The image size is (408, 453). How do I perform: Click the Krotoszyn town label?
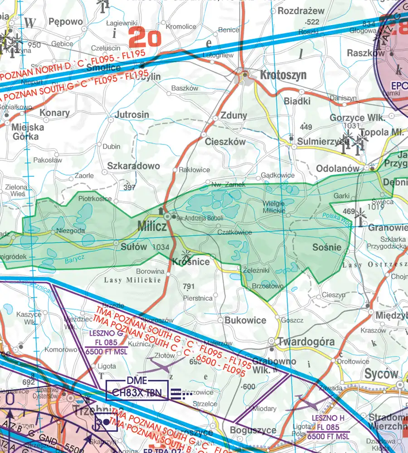pos(283,75)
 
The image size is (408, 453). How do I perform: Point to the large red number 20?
pos(145,38)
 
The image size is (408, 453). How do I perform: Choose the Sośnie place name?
pos(326,247)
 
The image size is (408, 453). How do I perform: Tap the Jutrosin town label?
pos(132,115)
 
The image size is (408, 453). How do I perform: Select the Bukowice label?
pos(245,320)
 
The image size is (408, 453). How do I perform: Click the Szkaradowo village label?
pos(134,166)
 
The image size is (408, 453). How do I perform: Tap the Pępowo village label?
pos(66,22)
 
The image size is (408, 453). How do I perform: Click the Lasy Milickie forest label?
pos(132,280)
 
